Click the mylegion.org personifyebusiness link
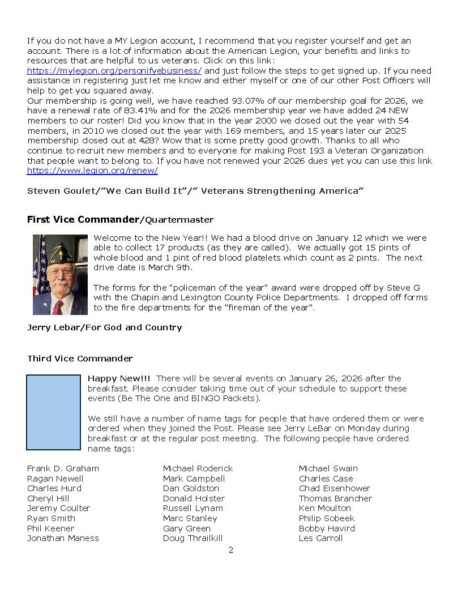pyautogui.click(x=114, y=71)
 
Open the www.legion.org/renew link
pyautogui.click(x=92, y=171)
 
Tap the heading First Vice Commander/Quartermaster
pyautogui.click(x=120, y=219)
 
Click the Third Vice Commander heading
pyautogui.click(x=80, y=359)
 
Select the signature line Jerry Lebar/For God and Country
pyautogui.click(x=104, y=327)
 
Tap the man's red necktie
pyautogui.click(x=58, y=306)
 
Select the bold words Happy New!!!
pyautogui.click(x=119, y=378)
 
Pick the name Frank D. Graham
pyautogui.click(x=63, y=469)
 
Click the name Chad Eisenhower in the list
pyautogui.click(x=335, y=488)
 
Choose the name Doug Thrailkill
pyautogui.click(x=192, y=538)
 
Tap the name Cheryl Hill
pyautogui.click(x=48, y=499)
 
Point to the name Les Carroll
pyautogui.click(x=320, y=538)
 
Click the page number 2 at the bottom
pyautogui.click(x=231, y=550)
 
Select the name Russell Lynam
pyautogui.click(x=192, y=508)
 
